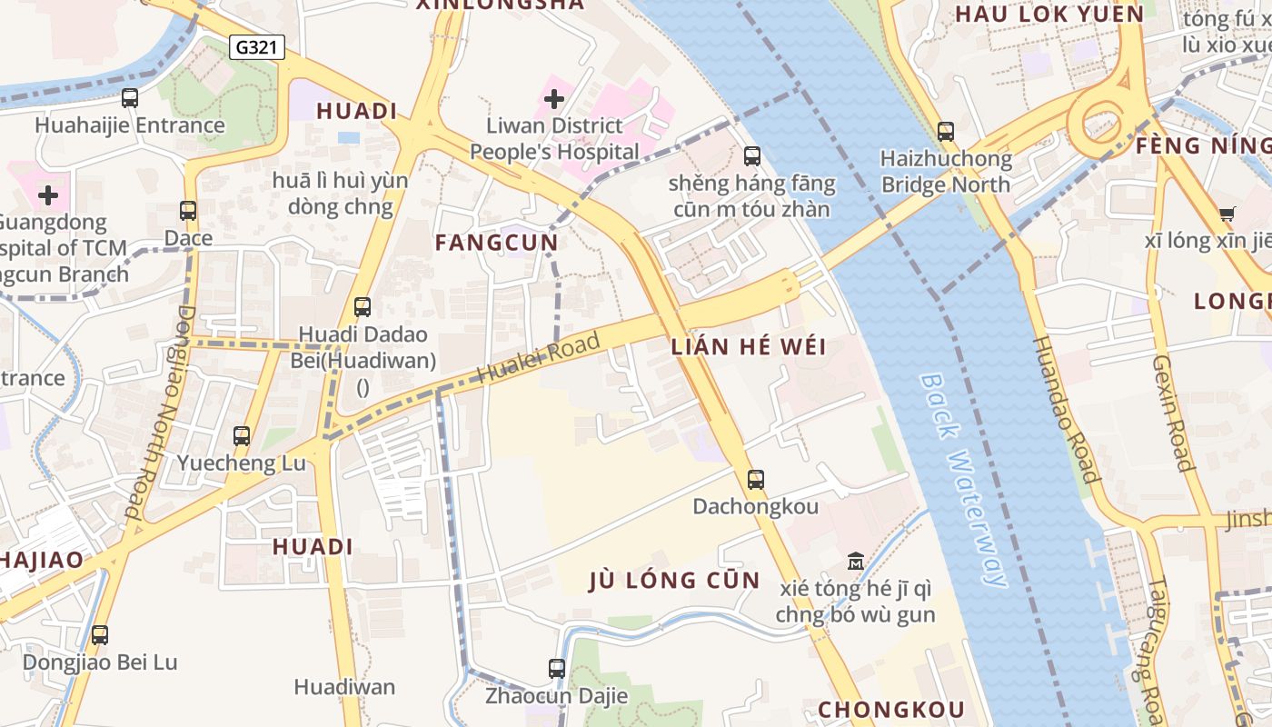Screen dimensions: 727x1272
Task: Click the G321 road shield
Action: point(257,47)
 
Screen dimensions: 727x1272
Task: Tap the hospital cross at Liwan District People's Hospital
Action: point(553,98)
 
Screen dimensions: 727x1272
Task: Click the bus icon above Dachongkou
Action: point(755,479)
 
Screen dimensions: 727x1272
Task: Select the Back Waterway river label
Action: point(966,479)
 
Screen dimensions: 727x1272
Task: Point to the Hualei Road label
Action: point(539,358)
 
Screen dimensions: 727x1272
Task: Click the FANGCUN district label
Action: point(496,243)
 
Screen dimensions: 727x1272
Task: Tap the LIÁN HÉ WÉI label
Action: point(749,346)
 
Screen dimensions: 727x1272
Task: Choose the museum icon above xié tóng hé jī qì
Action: point(855,561)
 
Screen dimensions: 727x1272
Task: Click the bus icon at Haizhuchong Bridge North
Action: point(946,132)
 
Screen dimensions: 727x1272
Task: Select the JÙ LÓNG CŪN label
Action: point(674,581)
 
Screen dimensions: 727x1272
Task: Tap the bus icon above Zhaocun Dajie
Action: point(557,669)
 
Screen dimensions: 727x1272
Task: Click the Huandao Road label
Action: point(1066,409)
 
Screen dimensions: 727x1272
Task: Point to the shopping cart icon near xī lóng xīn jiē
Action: point(1227,214)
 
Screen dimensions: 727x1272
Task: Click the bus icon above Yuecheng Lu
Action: point(241,435)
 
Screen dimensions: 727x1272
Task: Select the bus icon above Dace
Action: point(188,211)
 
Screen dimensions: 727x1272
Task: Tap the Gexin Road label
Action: point(1173,413)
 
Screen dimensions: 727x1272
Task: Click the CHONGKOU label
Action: point(891,709)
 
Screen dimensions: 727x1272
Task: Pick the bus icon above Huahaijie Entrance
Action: point(130,98)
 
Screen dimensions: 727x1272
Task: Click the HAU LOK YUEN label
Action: point(1049,14)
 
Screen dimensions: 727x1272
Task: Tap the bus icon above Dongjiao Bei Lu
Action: point(100,634)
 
